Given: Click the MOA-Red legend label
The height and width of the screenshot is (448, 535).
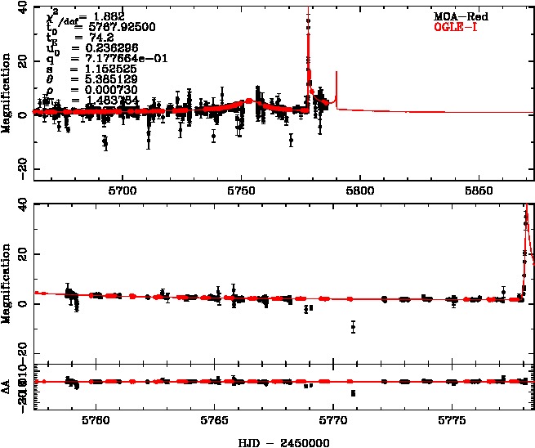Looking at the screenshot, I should point(458,16).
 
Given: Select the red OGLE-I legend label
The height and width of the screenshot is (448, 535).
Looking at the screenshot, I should point(458,27).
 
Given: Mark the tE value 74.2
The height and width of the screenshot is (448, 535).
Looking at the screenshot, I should point(87,38).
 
